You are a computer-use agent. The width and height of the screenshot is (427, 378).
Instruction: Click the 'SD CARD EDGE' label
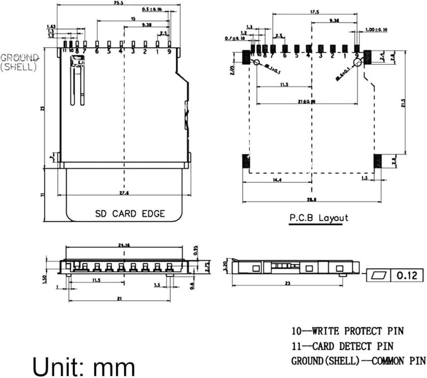coord(130,214)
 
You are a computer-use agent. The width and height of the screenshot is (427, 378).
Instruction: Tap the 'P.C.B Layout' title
coord(318,218)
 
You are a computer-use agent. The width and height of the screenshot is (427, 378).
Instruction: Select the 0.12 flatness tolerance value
coord(409,276)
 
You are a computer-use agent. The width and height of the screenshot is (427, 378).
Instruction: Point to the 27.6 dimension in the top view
coord(124,192)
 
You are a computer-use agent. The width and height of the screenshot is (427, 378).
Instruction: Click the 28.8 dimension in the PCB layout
coord(312,199)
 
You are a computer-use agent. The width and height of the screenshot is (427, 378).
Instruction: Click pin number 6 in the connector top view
coord(97,52)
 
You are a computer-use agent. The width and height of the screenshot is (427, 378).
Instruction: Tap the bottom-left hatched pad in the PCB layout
coord(246,161)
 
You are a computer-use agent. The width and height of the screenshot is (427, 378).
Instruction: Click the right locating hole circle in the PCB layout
coord(358,63)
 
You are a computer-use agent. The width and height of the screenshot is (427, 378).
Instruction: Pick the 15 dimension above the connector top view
coord(132,19)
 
